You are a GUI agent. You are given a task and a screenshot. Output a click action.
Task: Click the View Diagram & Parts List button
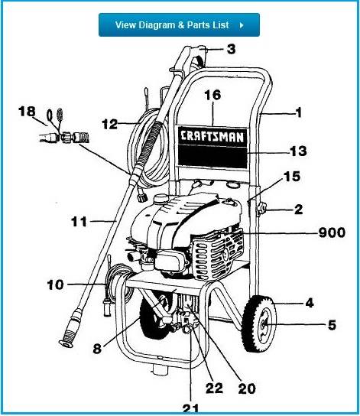pyautogui.click(x=179, y=24)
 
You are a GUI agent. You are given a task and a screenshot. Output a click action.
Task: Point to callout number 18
pyautogui.click(x=27, y=112)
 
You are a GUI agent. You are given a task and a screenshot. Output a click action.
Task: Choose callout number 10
pyautogui.click(x=55, y=285)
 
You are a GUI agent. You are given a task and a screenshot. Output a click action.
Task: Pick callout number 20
pyautogui.click(x=245, y=388)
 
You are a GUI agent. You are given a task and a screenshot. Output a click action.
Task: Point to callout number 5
pyautogui.click(x=331, y=325)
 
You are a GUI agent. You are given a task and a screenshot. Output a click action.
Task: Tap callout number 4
pyautogui.click(x=309, y=303)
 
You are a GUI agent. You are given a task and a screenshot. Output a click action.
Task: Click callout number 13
pyautogui.click(x=297, y=151)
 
